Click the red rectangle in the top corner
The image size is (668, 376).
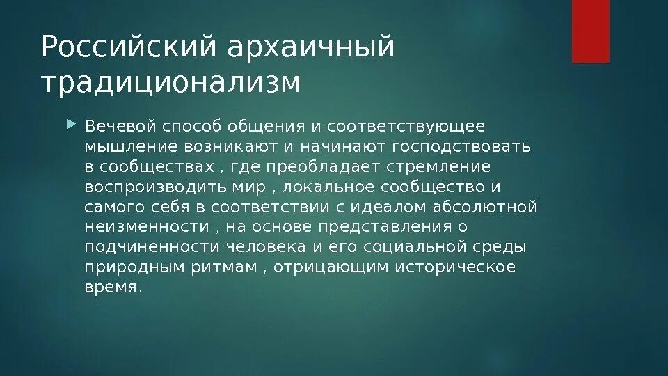[590, 31]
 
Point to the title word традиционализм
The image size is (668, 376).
[171, 82]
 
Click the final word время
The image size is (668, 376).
[113, 288]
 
